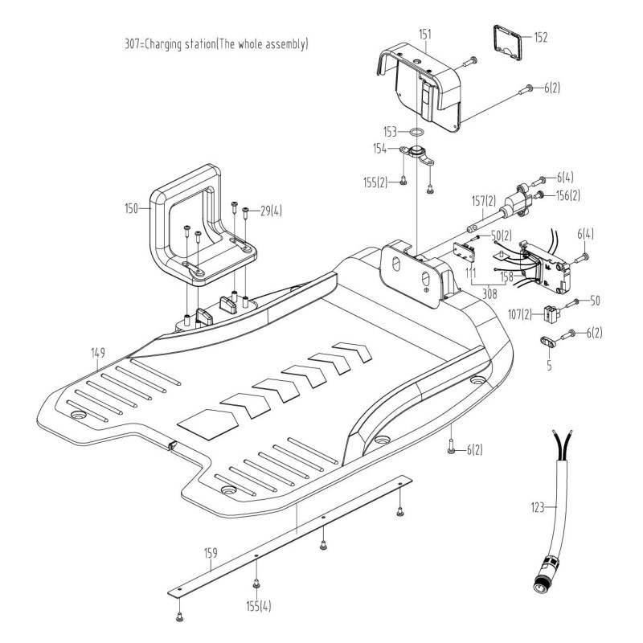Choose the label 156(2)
pyautogui.click(x=567, y=194)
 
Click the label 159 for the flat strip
pyautogui.click(x=210, y=553)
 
